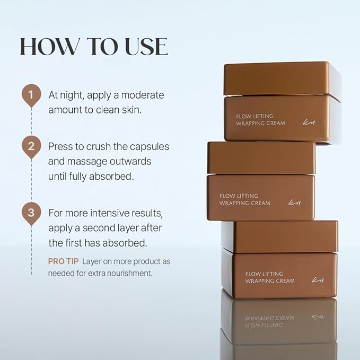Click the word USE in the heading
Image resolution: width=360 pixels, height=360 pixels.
[x=142, y=47]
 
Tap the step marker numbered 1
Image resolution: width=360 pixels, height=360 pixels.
[x=31, y=95]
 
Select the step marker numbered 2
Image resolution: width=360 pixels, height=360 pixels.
[x=31, y=146]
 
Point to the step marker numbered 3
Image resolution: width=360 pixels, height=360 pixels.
[x=31, y=213]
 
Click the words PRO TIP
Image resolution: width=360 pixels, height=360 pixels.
[x=63, y=261]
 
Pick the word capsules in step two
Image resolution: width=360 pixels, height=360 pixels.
[x=149, y=146]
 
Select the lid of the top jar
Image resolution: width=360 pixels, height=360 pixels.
[x=276, y=78]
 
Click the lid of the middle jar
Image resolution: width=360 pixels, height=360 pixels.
[x=261, y=157]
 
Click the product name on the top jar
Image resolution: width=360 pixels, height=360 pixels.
[x=261, y=119]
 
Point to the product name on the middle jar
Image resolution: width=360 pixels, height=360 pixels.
[x=245, y=199]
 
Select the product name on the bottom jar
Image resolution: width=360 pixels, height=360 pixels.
[x=270, y=277]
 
